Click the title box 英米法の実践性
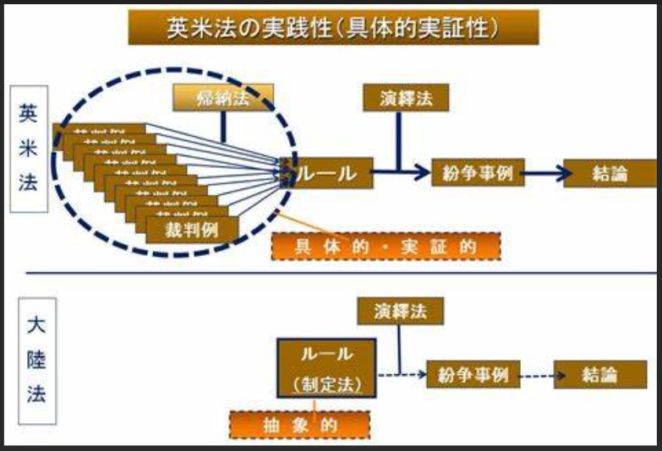click(333, 28)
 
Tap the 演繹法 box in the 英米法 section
click(405, 99)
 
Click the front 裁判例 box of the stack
click(192, 227)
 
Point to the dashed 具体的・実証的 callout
click(386, 246)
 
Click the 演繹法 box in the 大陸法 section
click(400, 312)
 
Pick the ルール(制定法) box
click(326, 367)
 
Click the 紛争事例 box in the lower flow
click(473, 373)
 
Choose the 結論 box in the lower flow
click(599, 373)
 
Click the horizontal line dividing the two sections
click(338, 273)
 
